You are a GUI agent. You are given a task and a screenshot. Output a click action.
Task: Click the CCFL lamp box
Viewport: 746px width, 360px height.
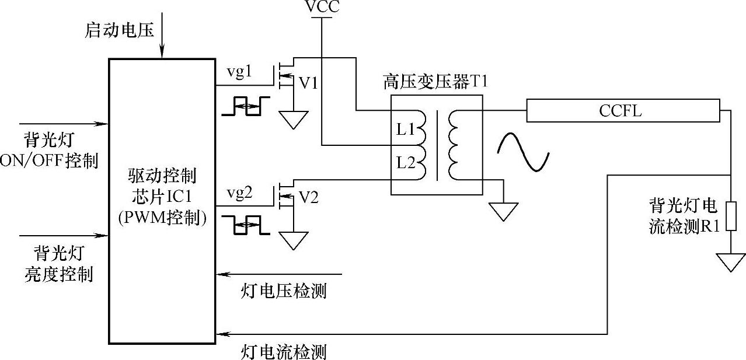click(623, 110)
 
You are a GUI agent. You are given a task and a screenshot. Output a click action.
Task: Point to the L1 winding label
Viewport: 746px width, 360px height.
click(405, 130)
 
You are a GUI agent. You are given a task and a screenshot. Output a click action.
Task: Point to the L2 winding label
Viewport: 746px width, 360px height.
click(405, 162)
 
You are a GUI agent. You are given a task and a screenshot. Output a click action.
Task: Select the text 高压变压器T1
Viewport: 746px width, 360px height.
click(435, 81)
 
